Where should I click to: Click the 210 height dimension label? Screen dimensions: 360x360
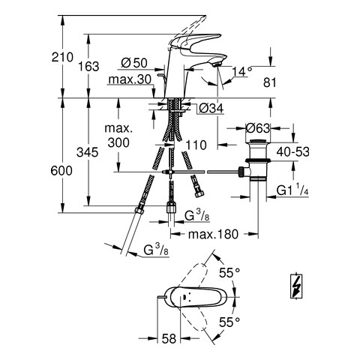(62, 57)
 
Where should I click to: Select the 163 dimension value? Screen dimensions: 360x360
(88, 67)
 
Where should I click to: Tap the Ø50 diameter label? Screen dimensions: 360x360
(134, 63)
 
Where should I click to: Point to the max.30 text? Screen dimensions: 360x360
(130, 79)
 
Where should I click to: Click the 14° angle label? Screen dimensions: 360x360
(242, 71)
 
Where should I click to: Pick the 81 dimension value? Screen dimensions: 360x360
(270, 82)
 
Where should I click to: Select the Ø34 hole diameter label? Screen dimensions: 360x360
(211, 108)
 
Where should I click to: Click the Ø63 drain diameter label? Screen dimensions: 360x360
(258, 128)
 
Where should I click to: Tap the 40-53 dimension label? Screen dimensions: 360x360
(292, 151)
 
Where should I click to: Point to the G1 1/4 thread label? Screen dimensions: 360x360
(292, 190)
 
